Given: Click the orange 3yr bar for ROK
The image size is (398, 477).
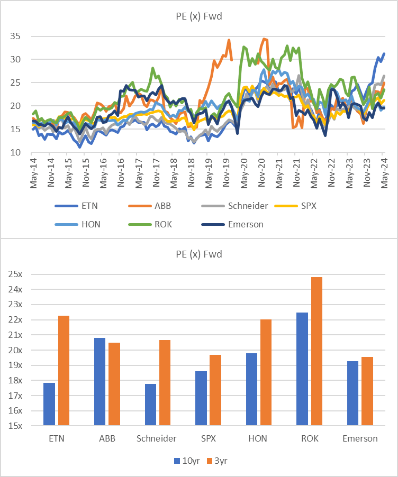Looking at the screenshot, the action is pyautogui.click(x=316, y=351).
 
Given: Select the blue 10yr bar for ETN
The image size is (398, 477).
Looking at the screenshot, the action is pyautogui.click(x=49, y=404).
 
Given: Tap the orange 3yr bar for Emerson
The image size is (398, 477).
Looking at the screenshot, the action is pyautogui.click(x=367, y=391).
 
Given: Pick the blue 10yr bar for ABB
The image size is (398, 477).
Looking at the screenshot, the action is pyautogui.click(x=100, y=381).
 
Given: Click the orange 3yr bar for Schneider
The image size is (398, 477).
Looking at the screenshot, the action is pyautogui.click(x=165, y=383).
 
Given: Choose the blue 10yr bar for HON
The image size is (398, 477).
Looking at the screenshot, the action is pyautogui.click(x=251, y=389).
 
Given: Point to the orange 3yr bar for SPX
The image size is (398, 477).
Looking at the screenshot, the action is pyautogui.click(x=215, y=390).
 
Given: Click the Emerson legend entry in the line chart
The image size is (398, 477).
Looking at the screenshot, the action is pyautogui.click(x=232, y=225).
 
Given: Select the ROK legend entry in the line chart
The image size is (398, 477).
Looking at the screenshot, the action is pyautogui.click(x=150, y=225).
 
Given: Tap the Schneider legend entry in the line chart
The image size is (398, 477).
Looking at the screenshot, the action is pyautogui.click(x=235, y=206).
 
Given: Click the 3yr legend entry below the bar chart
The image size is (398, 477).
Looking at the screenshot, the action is pyautogui.click(x=217, y=461).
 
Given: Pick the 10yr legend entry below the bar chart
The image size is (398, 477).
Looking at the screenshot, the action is pyautogui.click(x=187, y=461).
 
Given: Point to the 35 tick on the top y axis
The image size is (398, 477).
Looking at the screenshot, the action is pyautogui.click(x=15, y=36).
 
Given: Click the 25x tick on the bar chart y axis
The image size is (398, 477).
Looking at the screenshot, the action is pyautogui.click(x=15, y=274).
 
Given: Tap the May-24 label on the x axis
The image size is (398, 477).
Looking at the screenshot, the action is pyautogui.click(x=384, y=173).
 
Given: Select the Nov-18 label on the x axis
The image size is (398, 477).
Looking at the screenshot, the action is pyautogui.click(x=191, y=172).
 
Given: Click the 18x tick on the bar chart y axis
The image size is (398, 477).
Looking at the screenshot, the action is pyautogui.click(x=15, y=380).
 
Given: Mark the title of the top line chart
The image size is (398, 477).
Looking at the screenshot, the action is pyautogui.click(x=199, y=16).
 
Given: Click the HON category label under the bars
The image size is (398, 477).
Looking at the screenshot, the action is pyautogui.click(x=258, y=438).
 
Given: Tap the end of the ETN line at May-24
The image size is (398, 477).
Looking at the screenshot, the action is pyautogui.click(x=384, y=53).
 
